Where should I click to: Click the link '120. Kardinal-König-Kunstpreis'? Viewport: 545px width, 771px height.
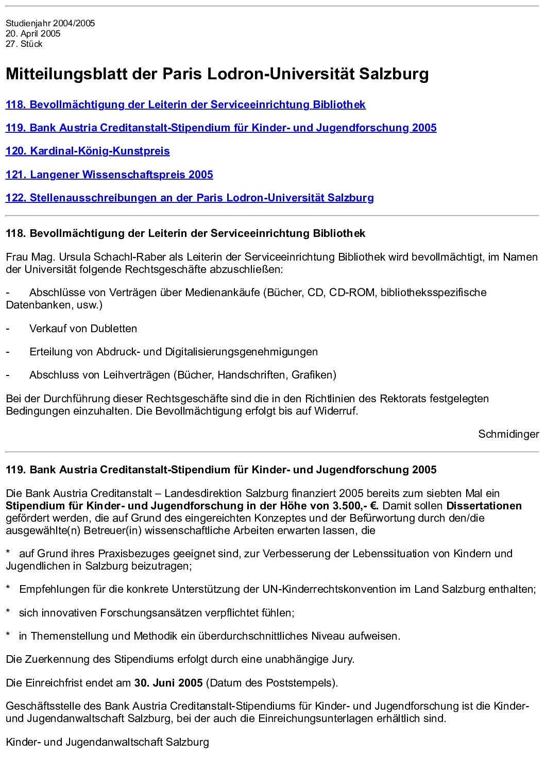[88, 151]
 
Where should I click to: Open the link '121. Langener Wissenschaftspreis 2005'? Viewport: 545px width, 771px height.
[109, 175]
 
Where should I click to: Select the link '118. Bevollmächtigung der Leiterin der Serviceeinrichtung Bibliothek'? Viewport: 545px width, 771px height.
[185, 105]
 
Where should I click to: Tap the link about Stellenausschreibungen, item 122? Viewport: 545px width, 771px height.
[190, 198]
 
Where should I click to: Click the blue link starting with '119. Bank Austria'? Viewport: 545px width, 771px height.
[221, 128]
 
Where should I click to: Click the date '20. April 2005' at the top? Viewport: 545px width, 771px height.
[33, 33]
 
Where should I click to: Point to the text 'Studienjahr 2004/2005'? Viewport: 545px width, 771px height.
[50, 23]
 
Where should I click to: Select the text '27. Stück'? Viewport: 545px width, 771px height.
[24, 44]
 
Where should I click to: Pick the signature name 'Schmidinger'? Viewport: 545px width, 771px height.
[508, 434]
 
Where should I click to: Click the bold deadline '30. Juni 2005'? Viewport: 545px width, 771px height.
[168, 683]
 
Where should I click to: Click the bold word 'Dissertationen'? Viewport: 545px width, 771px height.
[484, 506]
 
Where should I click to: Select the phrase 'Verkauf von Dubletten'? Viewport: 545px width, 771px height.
[83, 329]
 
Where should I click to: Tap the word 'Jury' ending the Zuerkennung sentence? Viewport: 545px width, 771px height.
[342, 659]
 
